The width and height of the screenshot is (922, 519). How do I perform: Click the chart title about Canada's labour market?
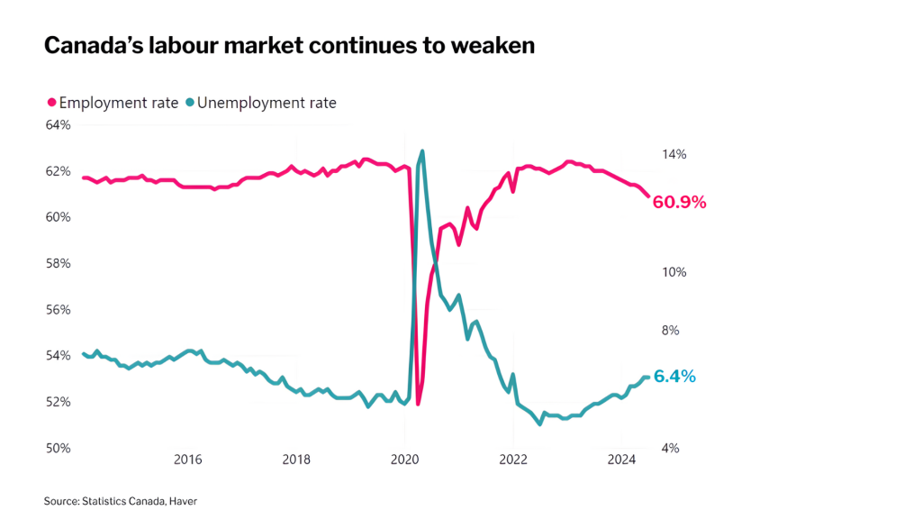(x=289, y=45)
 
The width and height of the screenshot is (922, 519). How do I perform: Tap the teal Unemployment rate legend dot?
(x=189, y=103)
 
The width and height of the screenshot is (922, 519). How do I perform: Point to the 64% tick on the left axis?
(x=58, y=124)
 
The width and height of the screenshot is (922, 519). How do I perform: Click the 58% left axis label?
(x=58, y=263)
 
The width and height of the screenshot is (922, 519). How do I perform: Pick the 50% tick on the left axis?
(x=58, y=448)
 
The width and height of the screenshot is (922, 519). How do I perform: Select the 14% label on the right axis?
(x=673, y=155)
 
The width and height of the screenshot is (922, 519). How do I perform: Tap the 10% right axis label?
(x=673, y=272)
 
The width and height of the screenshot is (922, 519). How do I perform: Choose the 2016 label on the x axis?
(x=187, y=460)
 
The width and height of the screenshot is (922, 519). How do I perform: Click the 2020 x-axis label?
(x=404, y=460)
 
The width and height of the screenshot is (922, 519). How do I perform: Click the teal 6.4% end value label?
(x=674, y=377)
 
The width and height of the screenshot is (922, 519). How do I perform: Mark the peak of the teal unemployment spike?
(x=422, y=151)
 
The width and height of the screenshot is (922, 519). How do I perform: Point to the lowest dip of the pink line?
(x=418, y=404)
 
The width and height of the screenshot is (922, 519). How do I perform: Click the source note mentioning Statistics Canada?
(x=120, y=500)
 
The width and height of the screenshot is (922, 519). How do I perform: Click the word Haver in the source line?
(x=183, y=500)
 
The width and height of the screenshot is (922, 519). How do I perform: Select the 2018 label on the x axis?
(x=296, y=460)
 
